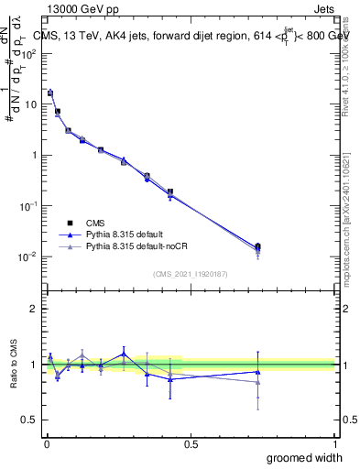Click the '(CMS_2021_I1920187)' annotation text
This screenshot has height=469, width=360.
point(191,274)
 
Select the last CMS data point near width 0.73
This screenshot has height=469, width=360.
point(257,246)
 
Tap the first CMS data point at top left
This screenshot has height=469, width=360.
point(50,93)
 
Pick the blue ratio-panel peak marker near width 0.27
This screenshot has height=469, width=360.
point(124,354)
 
